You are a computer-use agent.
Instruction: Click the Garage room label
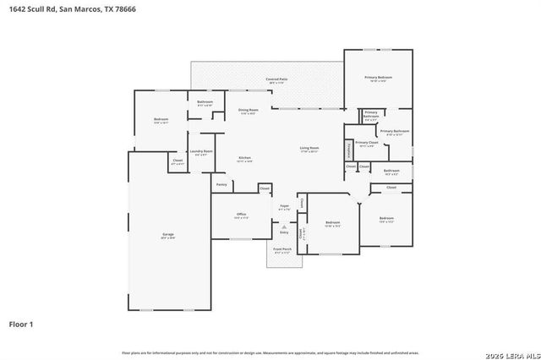point(167,237)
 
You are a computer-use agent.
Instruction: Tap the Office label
point(240,215)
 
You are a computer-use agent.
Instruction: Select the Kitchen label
point(244,159)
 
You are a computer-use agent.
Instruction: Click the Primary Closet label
point(366,144)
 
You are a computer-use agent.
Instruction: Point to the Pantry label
point(221,183)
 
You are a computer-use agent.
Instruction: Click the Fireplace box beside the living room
point(348,149)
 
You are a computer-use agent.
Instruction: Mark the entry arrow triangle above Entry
point(284,226)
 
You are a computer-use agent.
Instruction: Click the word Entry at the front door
point(284,232)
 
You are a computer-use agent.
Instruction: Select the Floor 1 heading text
point(21,324)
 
